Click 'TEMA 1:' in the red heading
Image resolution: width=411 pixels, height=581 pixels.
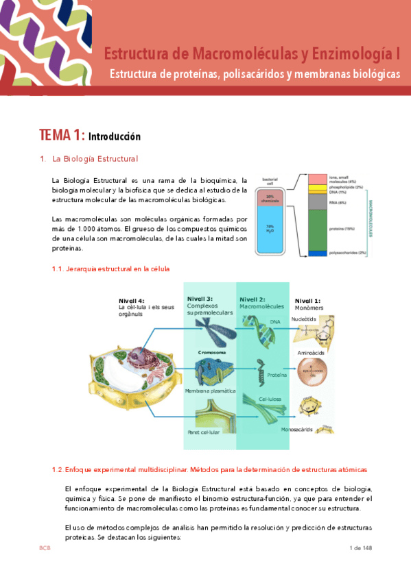pyautogui.click(x=62, y=135)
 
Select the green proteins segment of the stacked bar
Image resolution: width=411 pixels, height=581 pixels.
pyautogui.click(x=317, y=230)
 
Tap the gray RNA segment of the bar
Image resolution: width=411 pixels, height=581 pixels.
pyautogui.click(x=317, y=202)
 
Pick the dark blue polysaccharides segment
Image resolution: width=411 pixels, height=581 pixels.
pyautogui.click(x=317, y=254)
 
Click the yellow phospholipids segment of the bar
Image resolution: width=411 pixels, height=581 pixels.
pyautogui.click(x=317, y=187)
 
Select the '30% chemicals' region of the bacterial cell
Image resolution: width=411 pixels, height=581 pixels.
pyautogui.click(x=270, y=198)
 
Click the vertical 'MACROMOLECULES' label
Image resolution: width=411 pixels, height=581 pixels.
pyautogui.click(x=371, y=219)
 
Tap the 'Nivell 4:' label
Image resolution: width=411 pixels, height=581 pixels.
pyautogui.click(x=132, y=301)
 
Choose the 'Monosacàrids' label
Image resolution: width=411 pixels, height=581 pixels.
pyautogui.click(x=297, y=430)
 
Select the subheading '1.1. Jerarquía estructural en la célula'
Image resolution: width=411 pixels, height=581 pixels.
pyautogui.click(x=110, y=269)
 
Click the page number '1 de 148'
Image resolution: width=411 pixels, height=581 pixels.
pyautogui.click(x=360, y=548)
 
